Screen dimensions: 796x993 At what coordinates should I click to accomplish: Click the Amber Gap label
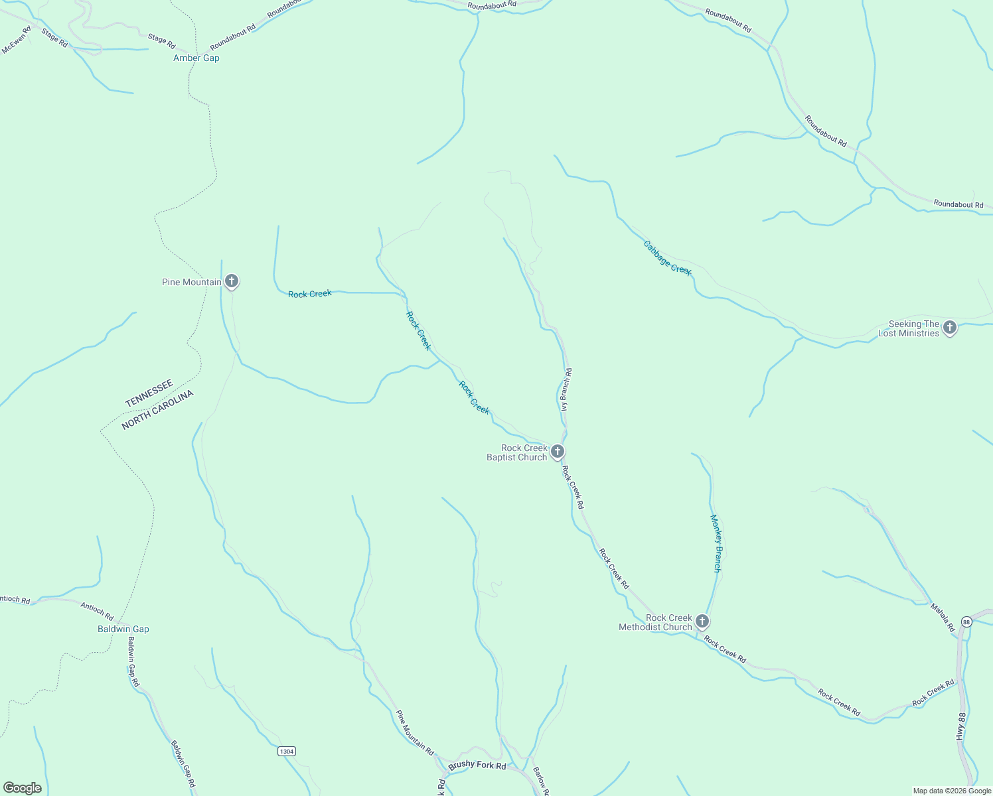click(x=196, y=58)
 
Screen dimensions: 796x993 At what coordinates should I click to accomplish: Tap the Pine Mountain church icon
click(x=231, y=282)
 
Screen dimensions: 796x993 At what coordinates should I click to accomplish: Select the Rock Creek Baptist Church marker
click(x=558, y=452)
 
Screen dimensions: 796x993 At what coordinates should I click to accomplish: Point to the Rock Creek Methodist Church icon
click(x=702, y=622)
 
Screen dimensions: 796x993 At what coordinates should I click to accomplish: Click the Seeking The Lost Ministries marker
click(x=950, y=328)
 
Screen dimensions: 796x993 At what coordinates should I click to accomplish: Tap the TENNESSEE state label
click(x=149, y=393)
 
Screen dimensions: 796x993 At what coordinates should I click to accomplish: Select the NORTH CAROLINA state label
click(x=158, y=410)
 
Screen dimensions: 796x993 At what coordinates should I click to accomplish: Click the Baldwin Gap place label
click(x=123, y=630)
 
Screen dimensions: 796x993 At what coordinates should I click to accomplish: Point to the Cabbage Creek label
click(x=667, y=258)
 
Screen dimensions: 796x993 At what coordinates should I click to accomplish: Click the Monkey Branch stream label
click(x=716, y=543)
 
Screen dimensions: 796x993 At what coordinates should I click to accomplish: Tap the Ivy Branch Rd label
click(x=566, y=390)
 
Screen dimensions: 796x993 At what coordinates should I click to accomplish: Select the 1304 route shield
click(x=286, y=752)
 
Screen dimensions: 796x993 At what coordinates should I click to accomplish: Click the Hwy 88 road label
click(x=960, y=727)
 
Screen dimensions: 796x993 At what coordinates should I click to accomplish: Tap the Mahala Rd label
click(x=942, y=618)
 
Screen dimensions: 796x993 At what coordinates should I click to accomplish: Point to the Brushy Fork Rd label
click(x=477, y=765)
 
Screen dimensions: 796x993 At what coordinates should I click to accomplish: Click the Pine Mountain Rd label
click(x=415, y=733)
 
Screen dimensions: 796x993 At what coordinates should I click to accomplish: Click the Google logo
click(x=22, y=788)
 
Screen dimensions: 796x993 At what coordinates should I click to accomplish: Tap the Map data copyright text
click(x=952, y=791)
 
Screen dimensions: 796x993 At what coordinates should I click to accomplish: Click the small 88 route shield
click(x=966, y=622)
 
